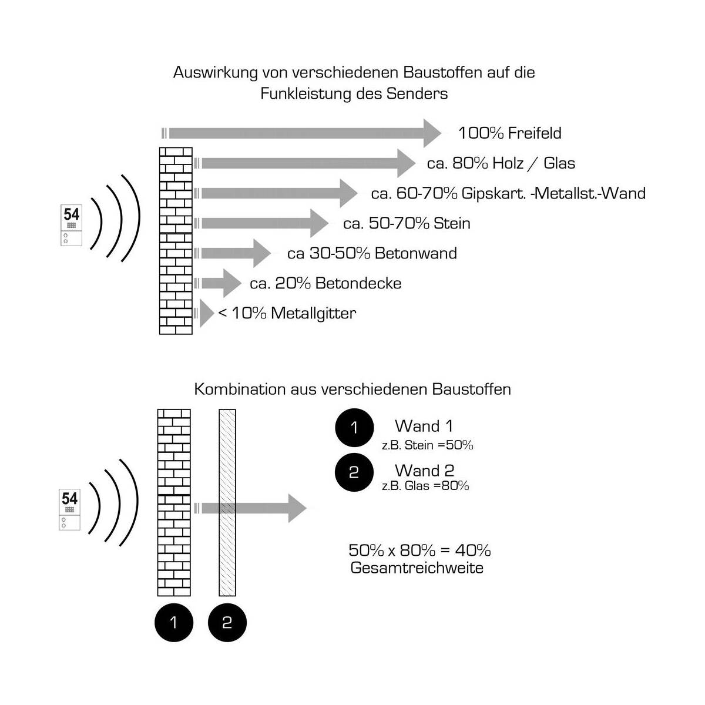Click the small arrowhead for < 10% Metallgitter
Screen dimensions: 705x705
[206, 314]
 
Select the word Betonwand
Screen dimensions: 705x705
[415, 253]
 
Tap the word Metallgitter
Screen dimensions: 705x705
[313, 313]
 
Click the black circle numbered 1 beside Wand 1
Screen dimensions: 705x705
[354, 428]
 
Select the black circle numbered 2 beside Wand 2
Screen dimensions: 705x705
[354, 472]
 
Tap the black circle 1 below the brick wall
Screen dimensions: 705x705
[173, 622]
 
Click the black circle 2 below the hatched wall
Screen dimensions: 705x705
[227, 622]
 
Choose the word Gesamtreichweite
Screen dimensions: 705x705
[417, 568]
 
